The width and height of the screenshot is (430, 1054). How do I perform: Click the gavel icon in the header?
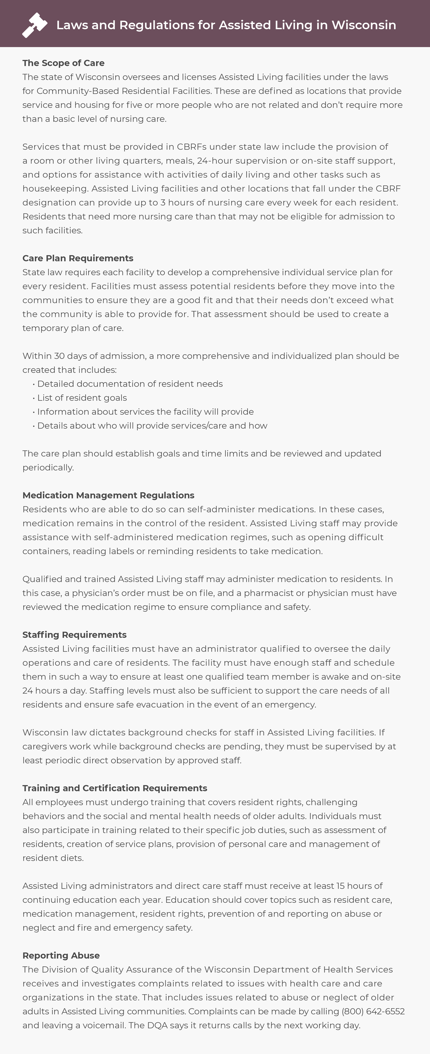pyautogui.click(x=35, y=25)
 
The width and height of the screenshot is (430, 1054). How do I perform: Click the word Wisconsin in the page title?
pyautogui.click(x=364, y=25)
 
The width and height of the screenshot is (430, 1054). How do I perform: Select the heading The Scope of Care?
pyautogui.click(x=63, y=63)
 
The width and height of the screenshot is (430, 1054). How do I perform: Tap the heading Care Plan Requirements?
pyautogui.click(x=78, y=258)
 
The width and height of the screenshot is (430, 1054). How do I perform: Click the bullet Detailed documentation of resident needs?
pyautogui.click(x=130, y=384)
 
